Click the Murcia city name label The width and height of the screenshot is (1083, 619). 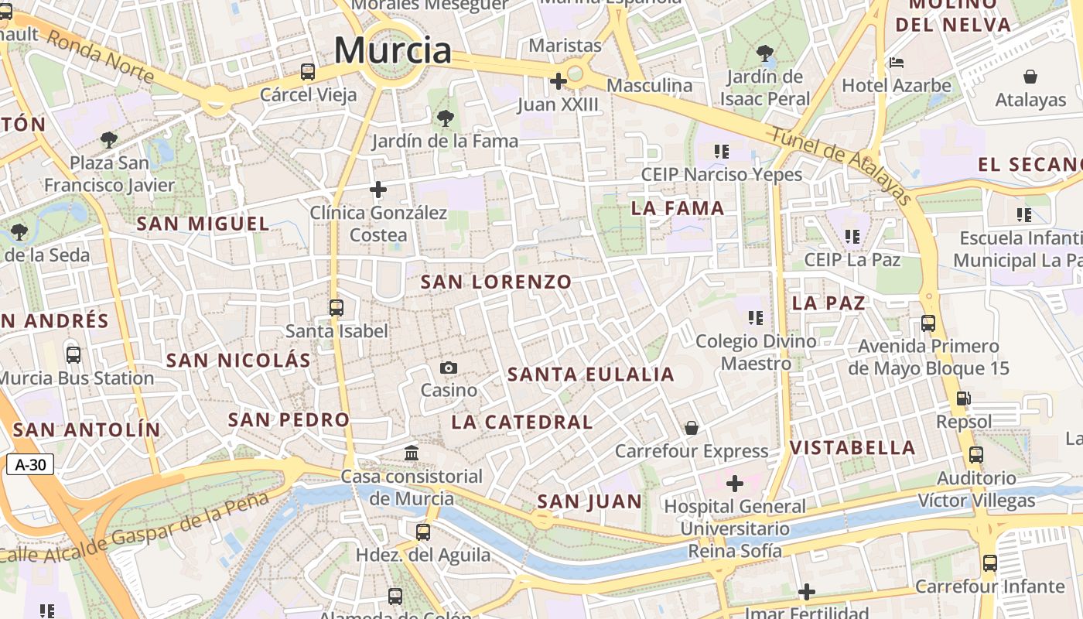(392, 51)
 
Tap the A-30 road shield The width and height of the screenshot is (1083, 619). (30, 465)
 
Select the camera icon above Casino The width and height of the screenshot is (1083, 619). (449, 368)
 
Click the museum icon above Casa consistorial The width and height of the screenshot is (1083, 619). (412, 453)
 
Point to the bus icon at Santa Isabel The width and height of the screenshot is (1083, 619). (337, 308)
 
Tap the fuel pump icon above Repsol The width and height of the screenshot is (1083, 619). (963, 399)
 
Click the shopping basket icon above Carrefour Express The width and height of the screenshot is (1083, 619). (692, 428)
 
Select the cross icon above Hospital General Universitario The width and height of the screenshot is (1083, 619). (734, 484)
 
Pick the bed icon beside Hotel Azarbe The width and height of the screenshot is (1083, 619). (897, 63)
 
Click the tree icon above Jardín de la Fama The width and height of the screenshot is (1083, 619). (445, 118)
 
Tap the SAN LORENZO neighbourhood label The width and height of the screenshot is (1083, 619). (496, 282)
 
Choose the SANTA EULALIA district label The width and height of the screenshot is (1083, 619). (591, 375)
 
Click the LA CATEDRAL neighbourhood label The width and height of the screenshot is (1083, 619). (522, 422)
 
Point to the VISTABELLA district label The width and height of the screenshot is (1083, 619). (852, 448)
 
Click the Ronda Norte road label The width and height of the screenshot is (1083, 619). (101, 58)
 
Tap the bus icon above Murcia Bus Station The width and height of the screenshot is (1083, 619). (73, 355)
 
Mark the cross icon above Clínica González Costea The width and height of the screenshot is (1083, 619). (378, 190)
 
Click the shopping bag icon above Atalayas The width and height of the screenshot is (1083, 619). (1030, 77)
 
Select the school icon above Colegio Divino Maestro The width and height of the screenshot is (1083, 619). (756, 317)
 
